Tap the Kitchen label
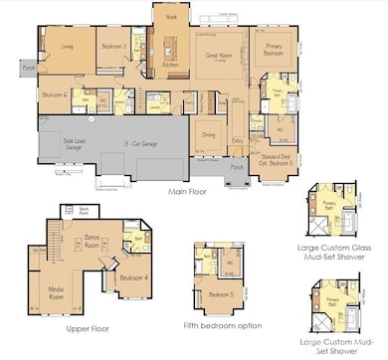coord(170,65)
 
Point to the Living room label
coord(66,46)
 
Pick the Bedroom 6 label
coord(55,94)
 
